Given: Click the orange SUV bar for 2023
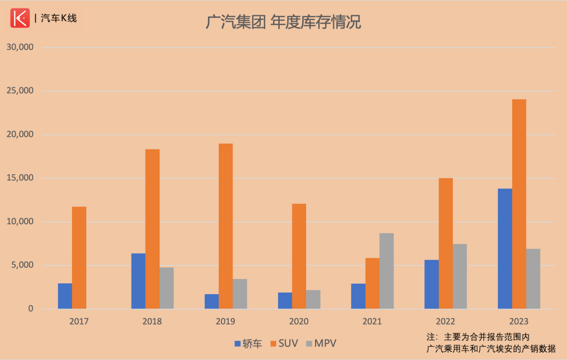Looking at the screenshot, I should click(x=519, y=204).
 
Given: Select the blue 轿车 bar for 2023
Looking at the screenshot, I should click(x=505, y=248).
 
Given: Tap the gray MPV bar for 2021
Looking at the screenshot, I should click(x=387, y=271).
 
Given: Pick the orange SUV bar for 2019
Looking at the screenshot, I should click(x=226, y=226).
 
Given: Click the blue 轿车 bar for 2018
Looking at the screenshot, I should click(x=138, y=281).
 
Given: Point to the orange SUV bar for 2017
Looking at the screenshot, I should click(x=79, y=258).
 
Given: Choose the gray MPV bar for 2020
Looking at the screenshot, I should click(x=313, y=299).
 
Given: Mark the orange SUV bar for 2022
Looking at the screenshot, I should click(x=446, y=244).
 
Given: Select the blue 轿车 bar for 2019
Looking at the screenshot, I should click(x=212, y=302).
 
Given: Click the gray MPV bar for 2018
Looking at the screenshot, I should click(x=167, y=288).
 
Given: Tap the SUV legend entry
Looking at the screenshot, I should click(x=284, y=344).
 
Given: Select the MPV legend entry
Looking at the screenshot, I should click(x=321, y=344).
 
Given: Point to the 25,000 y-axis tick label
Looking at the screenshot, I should click(x=19, y=91).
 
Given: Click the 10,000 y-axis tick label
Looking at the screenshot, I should click(x=19, y=222).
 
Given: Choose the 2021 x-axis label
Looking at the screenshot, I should click(x=372, y=322).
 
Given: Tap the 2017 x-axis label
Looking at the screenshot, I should click(x=79, y=322).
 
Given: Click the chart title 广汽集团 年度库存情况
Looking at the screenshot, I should click(x=283, y=23).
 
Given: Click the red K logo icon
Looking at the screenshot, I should click(x=21, y=18).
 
